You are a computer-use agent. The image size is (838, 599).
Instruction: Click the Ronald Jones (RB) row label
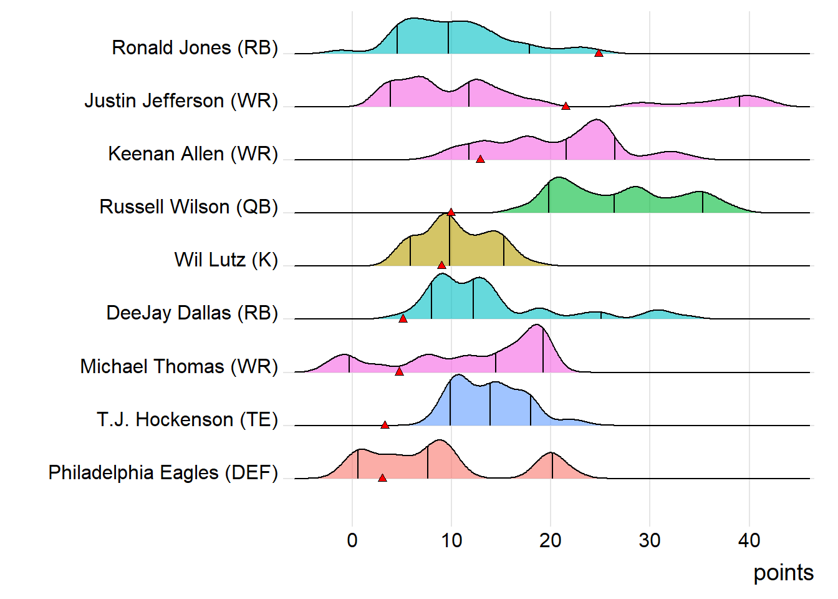coord(195,47)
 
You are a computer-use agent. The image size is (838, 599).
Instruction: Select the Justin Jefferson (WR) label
coord(181,100)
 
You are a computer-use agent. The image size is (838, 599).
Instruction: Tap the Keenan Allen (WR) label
coord(193,153)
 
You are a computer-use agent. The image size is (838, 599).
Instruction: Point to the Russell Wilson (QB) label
coord(188,207)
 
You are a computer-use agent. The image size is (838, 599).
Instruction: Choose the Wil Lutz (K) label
coord(226,260)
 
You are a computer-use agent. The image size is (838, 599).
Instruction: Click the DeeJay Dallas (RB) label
coord(192,313)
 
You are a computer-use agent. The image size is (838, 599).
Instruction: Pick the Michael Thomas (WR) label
coord(179,366)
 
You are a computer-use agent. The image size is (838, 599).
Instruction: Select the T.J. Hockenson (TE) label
coord(187,419)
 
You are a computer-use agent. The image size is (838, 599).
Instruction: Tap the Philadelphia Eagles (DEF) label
coord(163,472)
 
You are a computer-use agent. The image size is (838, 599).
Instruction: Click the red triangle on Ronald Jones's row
coord(599,53)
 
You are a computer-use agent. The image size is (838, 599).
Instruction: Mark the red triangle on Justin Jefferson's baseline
coord(566,106)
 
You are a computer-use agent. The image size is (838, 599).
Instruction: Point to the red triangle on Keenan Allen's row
coord(480,159)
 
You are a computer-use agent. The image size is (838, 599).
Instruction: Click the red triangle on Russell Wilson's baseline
coord(451,212)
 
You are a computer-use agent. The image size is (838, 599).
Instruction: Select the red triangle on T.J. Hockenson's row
coord(385,425)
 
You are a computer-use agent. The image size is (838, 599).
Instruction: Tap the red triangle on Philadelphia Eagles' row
coord(382,478)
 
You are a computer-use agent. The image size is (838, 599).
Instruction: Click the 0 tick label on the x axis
coord(352,540)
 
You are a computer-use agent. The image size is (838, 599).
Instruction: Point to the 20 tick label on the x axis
coord(551,540)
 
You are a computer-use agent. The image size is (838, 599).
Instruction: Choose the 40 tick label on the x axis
coord(749,540)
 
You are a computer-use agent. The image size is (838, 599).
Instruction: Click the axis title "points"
coord(783,573)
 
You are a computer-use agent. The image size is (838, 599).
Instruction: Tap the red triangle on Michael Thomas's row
coord(399,372)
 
